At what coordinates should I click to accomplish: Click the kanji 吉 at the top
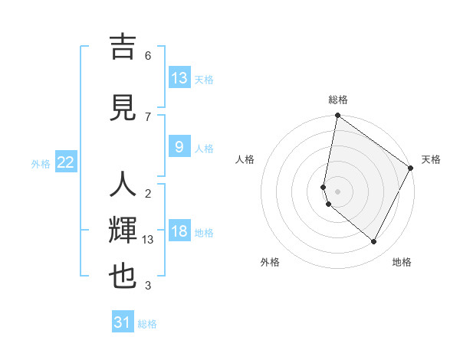[x=123, y=47]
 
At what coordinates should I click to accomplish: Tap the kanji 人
[x=123, y=186]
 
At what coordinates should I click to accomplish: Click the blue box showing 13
[x=179, y=78]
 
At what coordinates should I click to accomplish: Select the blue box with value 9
[x=179, y=147]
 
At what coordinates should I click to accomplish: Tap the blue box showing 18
[x=179, y=231]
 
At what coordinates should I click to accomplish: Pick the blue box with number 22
[x=66, y=162]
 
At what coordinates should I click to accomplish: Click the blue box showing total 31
[x=123, y=322]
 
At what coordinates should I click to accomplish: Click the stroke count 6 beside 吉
[x=148, y=55]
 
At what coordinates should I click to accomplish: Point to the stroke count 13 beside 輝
[x=149, y=240]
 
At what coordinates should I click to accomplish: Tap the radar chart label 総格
[x=338, y=100]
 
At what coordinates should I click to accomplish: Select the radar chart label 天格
[x=431, y=160]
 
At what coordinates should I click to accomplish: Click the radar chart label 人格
[x=245, y=160]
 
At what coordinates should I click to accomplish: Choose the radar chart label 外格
[x=270, y=263]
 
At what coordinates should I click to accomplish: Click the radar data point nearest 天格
[x=411, y=168]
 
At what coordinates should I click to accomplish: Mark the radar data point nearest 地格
[x=374, y=242]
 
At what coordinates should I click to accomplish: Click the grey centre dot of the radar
[x=337, y=191]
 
